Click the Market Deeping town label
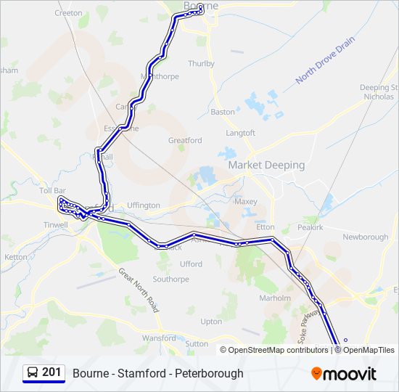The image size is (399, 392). pos(266,165)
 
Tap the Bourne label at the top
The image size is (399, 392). pos(201,6)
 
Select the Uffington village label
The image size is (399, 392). pos(143,205)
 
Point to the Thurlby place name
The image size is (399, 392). pos(201,64)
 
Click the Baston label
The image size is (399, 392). pos(223,112)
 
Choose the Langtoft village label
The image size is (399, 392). pos(241,133)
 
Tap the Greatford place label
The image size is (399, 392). pos(184,140)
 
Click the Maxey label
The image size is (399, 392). pos(246,202)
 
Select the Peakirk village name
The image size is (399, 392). pos(309,227)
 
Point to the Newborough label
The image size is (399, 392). pos(365,237)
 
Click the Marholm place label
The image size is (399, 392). pos(275,298)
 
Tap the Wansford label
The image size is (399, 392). pos(159,338)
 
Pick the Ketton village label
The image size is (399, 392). pos(16,257)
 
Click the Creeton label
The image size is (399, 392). pos(68,13)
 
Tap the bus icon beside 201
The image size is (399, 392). pos(33,373)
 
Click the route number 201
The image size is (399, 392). pos(52,372)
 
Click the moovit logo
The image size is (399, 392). pos(344,374)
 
